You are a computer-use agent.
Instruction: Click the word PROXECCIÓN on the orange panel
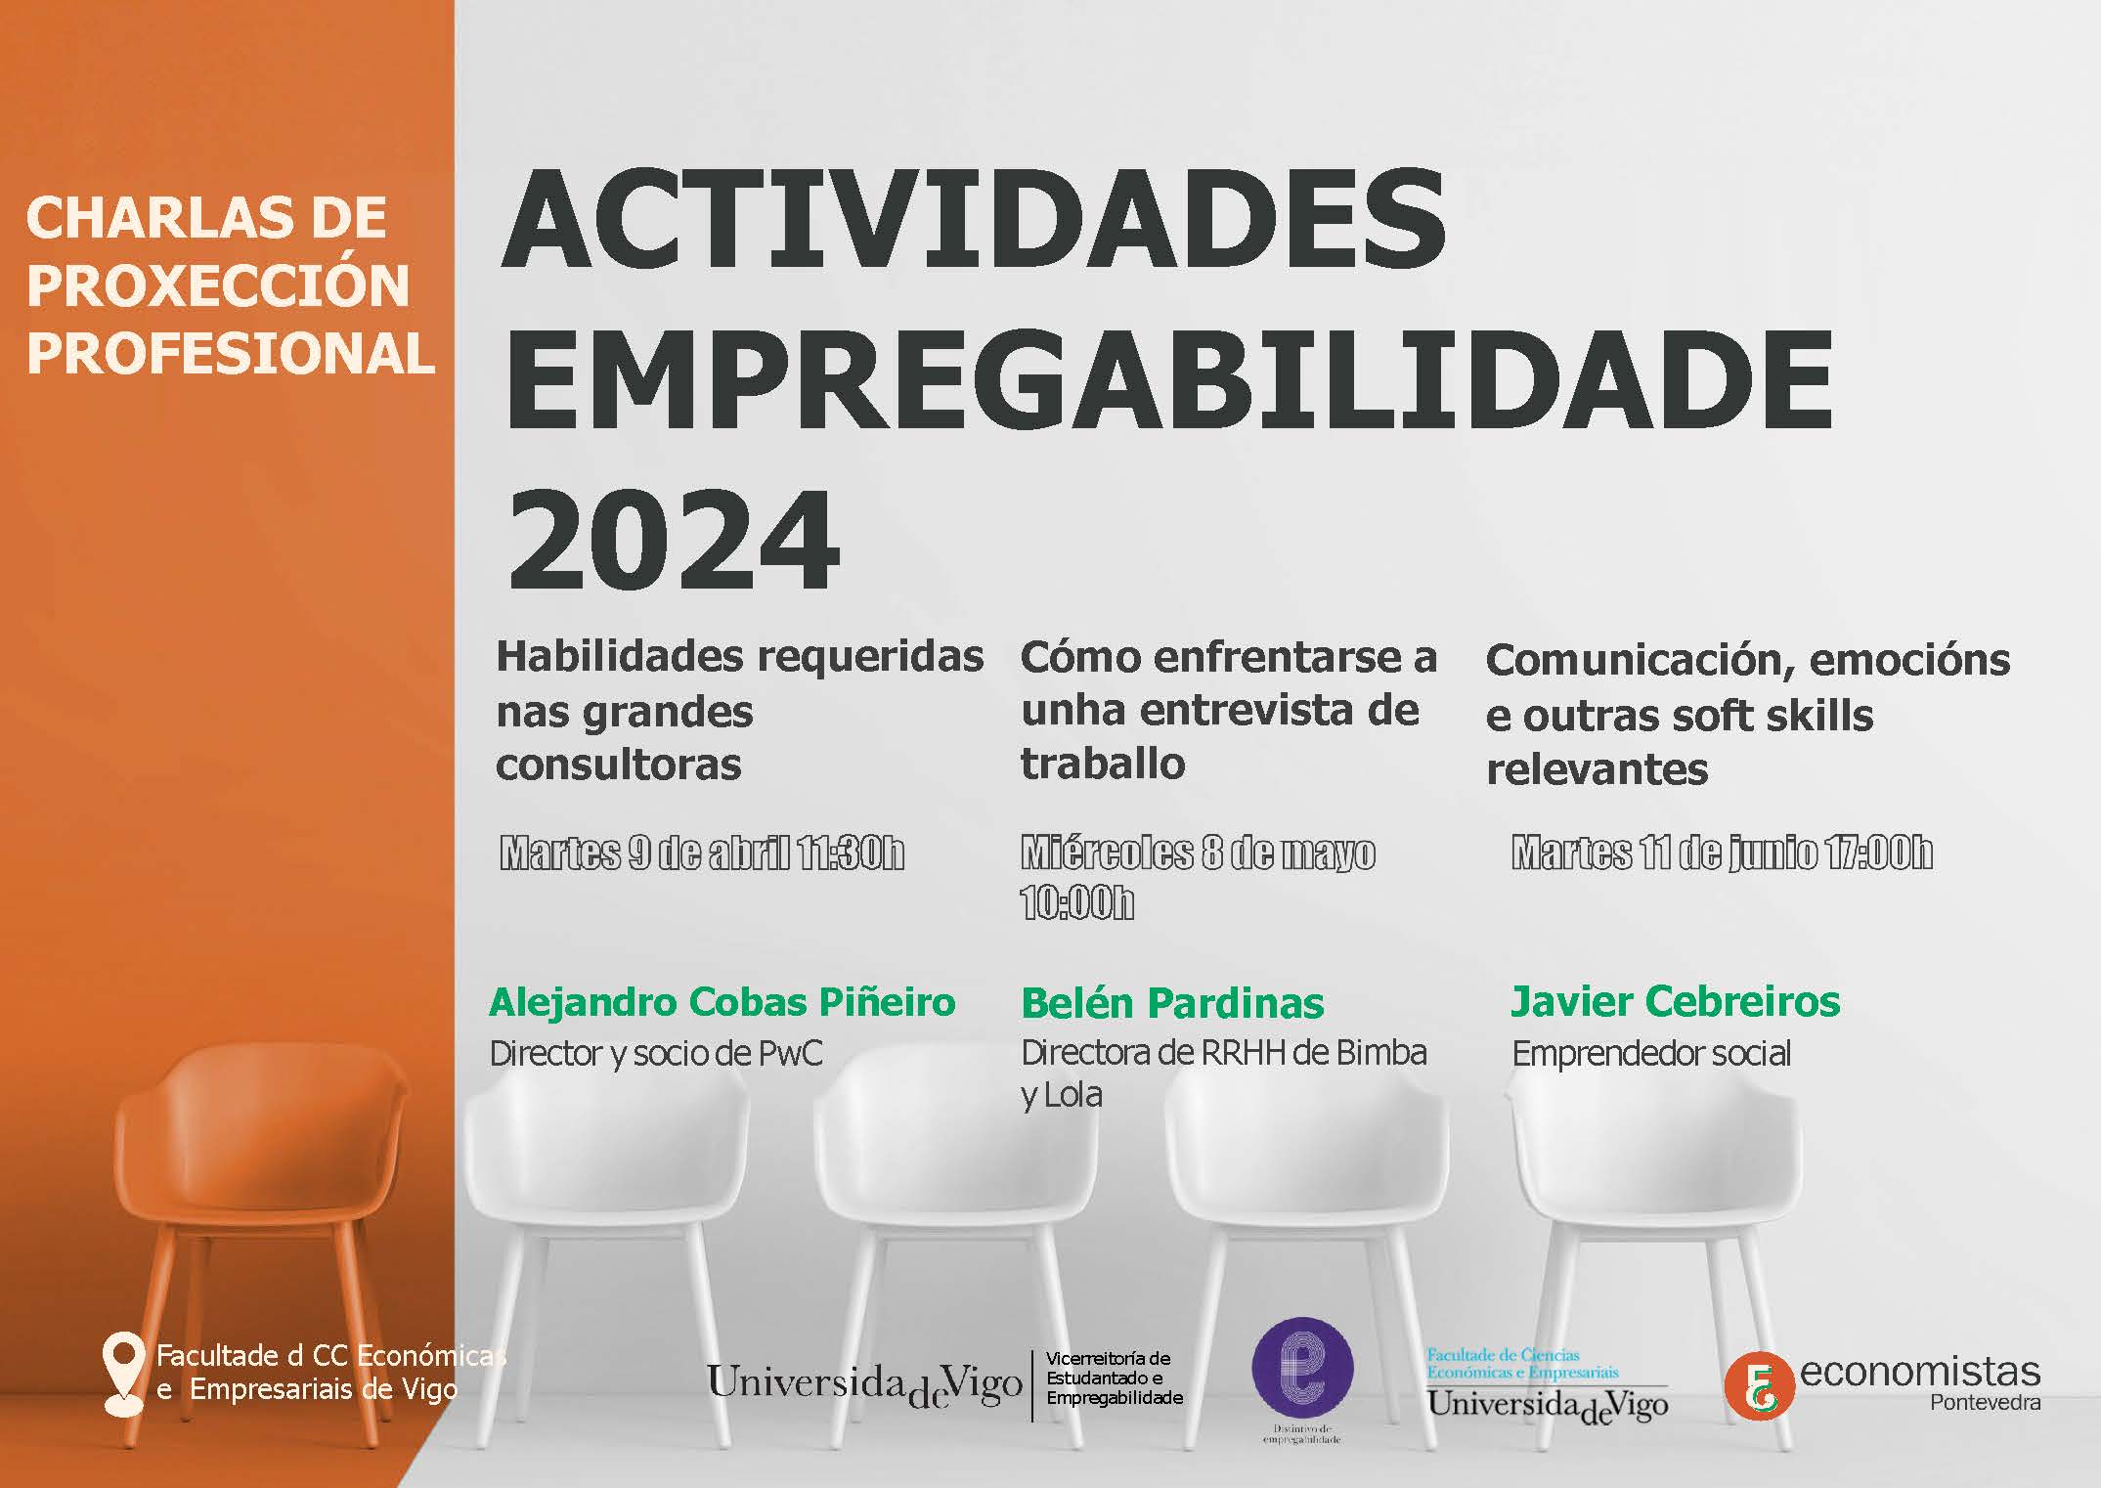(218, 285)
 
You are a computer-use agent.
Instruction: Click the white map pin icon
(123, 1374)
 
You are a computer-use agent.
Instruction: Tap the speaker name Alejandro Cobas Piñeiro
(722, 1003)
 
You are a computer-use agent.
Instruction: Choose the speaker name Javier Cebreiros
(1676, 1002)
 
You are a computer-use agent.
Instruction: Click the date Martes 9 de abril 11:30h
(702, 853)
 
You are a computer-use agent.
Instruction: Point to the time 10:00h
(1076, 903)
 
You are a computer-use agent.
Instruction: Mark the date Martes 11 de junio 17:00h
(1722, 853)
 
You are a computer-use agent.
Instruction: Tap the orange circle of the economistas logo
(1759, 1385)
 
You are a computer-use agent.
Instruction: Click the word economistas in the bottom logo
(1920, 1372)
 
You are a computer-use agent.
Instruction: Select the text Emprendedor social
(1651, 1054)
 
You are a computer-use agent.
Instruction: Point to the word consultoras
(619, 765)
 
